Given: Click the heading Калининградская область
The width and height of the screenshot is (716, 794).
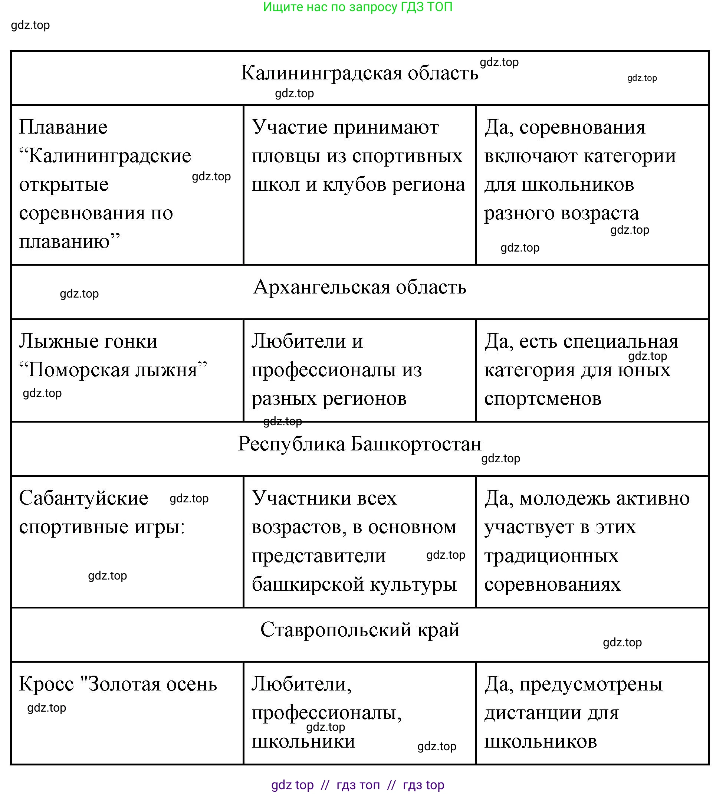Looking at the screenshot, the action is point(359,73).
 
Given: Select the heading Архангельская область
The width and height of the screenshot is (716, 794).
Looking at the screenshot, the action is point(359,287).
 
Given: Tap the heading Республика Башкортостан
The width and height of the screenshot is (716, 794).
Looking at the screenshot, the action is point(359,444).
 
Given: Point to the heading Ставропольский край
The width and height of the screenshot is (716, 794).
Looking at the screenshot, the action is point(359,630).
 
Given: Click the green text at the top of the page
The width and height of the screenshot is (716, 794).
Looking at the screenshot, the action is point(358,7).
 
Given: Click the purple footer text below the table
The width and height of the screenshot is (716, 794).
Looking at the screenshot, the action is point(358,785).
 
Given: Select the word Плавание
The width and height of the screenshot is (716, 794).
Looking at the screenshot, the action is point(63,128).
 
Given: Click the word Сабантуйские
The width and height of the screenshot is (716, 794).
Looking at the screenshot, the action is point(83,498).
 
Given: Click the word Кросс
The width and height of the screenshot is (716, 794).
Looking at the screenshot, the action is point(46,684).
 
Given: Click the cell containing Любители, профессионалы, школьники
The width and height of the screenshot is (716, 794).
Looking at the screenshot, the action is point(359,712).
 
